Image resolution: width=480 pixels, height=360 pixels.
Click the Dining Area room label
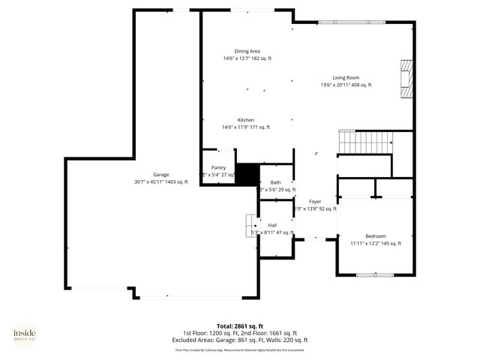coord(247,51)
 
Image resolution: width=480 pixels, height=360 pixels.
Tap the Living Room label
coord(346,78)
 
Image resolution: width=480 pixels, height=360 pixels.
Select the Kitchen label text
coord(246,120)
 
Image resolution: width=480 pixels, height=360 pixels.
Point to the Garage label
coord(161,175)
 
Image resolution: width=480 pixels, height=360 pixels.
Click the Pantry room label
coord(218,168)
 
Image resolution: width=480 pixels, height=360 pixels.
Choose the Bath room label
coord(276,182)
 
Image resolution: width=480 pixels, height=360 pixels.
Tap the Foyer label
coord(315,202)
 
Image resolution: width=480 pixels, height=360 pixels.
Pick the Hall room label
coord(272,225)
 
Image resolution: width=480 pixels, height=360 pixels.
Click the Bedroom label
coord(376,235)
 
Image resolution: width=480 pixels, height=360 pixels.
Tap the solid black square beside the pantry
coord(247,174)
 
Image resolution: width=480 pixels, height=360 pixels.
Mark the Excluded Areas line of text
coord(240,340)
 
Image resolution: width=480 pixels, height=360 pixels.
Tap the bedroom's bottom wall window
coord(375,275)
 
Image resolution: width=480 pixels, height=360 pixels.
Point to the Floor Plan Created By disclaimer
coord(240,349)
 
